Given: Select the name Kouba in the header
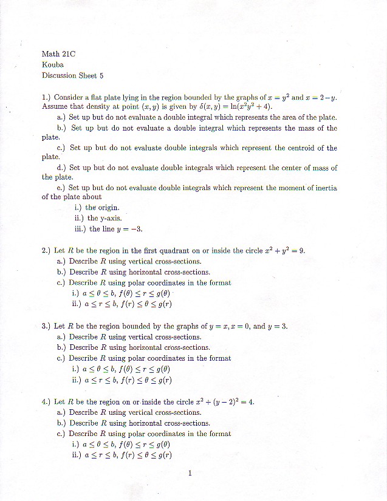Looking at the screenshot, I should [52, 64].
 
